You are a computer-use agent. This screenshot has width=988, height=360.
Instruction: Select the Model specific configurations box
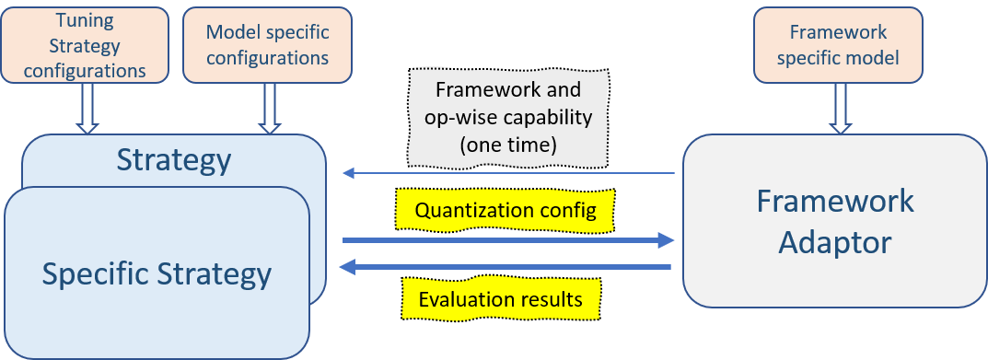pyautogui.click(x=267, y=44)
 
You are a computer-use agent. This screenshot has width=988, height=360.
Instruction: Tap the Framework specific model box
pyautogui.click(x=837, y=44)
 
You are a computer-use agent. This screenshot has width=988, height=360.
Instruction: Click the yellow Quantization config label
pyautogui.click(x=506, y=210)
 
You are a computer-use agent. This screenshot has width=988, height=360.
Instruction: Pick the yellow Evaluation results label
pyautogui.click(x=500, y=299)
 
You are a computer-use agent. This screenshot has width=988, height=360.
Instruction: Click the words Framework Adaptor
pyautogui.click(x=835, y=222)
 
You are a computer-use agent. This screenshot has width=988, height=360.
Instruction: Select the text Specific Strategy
pyautogui.click(x=157, y=273)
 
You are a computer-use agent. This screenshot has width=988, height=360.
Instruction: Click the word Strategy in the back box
pyautogui.click(x=173, y=161)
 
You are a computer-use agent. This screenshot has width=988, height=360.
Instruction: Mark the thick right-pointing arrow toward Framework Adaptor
pyautogui.click(x=507, y=240)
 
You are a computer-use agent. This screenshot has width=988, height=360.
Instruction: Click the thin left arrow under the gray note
pyautogui.click(x=507, y=172)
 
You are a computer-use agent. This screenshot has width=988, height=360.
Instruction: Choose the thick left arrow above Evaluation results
pyautogui.click(x=506, y=268)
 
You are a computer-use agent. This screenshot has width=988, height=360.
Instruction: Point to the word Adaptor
pyautogui.click(x=835, y=242)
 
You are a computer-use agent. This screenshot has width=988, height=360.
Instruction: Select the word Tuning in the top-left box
pyautogui.click(x=86, y=20)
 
